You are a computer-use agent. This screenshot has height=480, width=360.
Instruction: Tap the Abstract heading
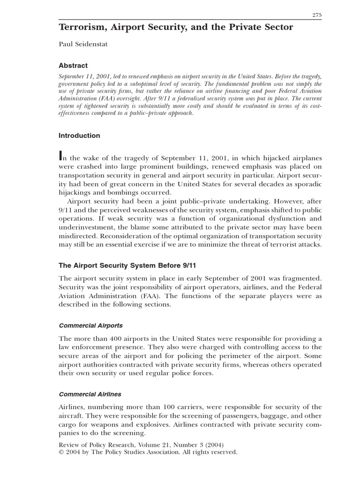click(73, 66)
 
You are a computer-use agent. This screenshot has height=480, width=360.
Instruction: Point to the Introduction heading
click(79, 135)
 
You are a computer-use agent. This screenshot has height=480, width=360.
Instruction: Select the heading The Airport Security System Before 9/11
click(126, 265)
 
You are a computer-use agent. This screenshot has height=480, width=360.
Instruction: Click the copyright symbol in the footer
click(61, 452)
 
